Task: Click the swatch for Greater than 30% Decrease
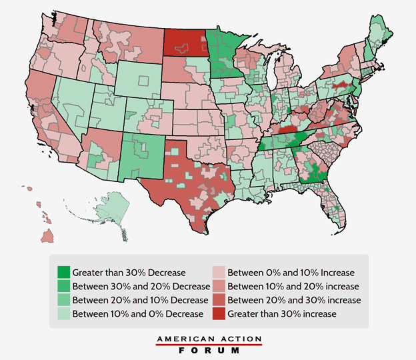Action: (64, 272)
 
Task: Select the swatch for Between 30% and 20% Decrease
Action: (64, 286)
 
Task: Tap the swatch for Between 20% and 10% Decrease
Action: (64, 299)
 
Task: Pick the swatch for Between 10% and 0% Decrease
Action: (64, 313)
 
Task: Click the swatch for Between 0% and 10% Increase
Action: (219, 272)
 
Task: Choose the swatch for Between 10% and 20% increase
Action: (219, 286)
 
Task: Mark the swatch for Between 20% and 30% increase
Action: (219, 299)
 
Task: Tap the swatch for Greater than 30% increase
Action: (219, 313)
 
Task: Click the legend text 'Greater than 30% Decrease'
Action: (129, 272)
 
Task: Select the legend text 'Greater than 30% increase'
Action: (282, 313)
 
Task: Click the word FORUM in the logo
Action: (209, 351)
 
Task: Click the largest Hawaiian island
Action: (48, 236)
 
